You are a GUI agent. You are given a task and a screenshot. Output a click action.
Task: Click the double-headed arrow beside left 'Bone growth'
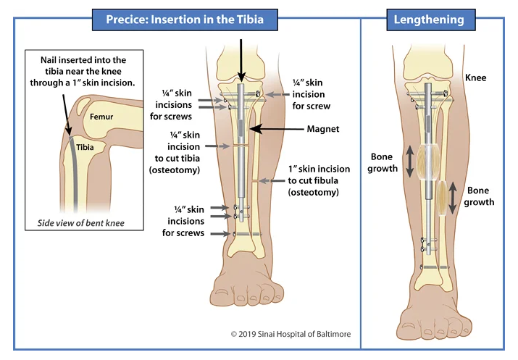(x=410, y=161)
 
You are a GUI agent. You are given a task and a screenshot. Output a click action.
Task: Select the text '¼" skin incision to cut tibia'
(x=183, y=149)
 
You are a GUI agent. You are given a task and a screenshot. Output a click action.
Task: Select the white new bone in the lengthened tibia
(x=429, y=160)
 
